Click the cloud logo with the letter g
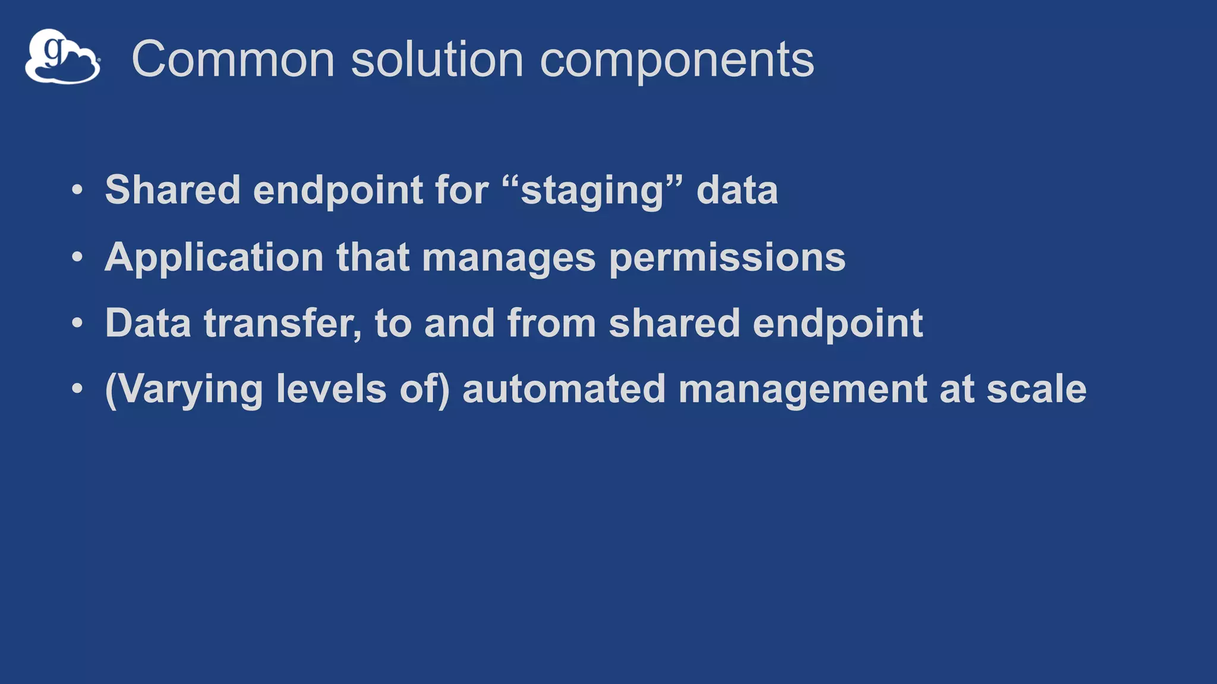click(62, 57)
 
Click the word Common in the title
click(233, 59)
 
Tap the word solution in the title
click(437, 59)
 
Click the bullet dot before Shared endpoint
click(77, 191)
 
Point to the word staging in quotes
click(591, 191)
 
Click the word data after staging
click(736, 190)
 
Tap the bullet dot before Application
click(77, 258)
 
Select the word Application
click(214, 258)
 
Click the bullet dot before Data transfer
click(77, 324)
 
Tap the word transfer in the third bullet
click(282, 324)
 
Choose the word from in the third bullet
click(551, 324)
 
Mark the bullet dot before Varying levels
click(77, 389)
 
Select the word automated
click(563, 389)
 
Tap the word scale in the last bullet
click(1036, 389)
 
